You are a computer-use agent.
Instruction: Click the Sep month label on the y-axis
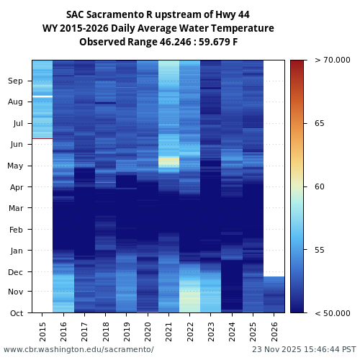(x=16, y=81)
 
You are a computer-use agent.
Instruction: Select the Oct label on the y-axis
(x=17, y=313)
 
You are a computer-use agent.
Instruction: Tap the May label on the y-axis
(x=16, y=166)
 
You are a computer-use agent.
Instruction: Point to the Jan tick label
(x=17, y=251)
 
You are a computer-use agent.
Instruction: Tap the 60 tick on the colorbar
(x=320, y=186)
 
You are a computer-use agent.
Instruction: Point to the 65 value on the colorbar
(x=320, y=123)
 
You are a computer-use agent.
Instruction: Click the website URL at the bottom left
(x=78, y=349)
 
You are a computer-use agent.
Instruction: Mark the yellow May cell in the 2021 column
(x=169, y=161)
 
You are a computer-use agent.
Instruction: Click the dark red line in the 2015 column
(x=42, y=138)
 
